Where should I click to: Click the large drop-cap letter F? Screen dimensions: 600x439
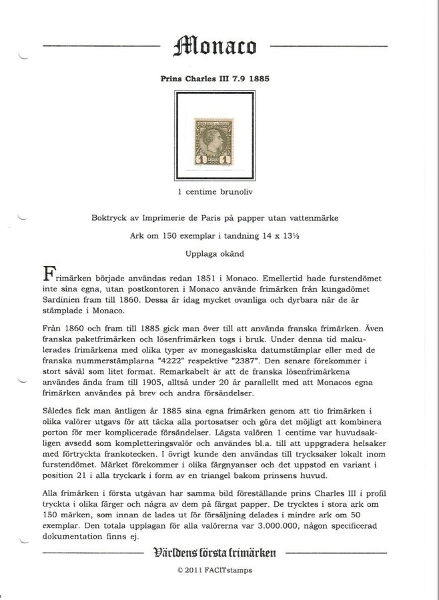pos(49,273)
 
